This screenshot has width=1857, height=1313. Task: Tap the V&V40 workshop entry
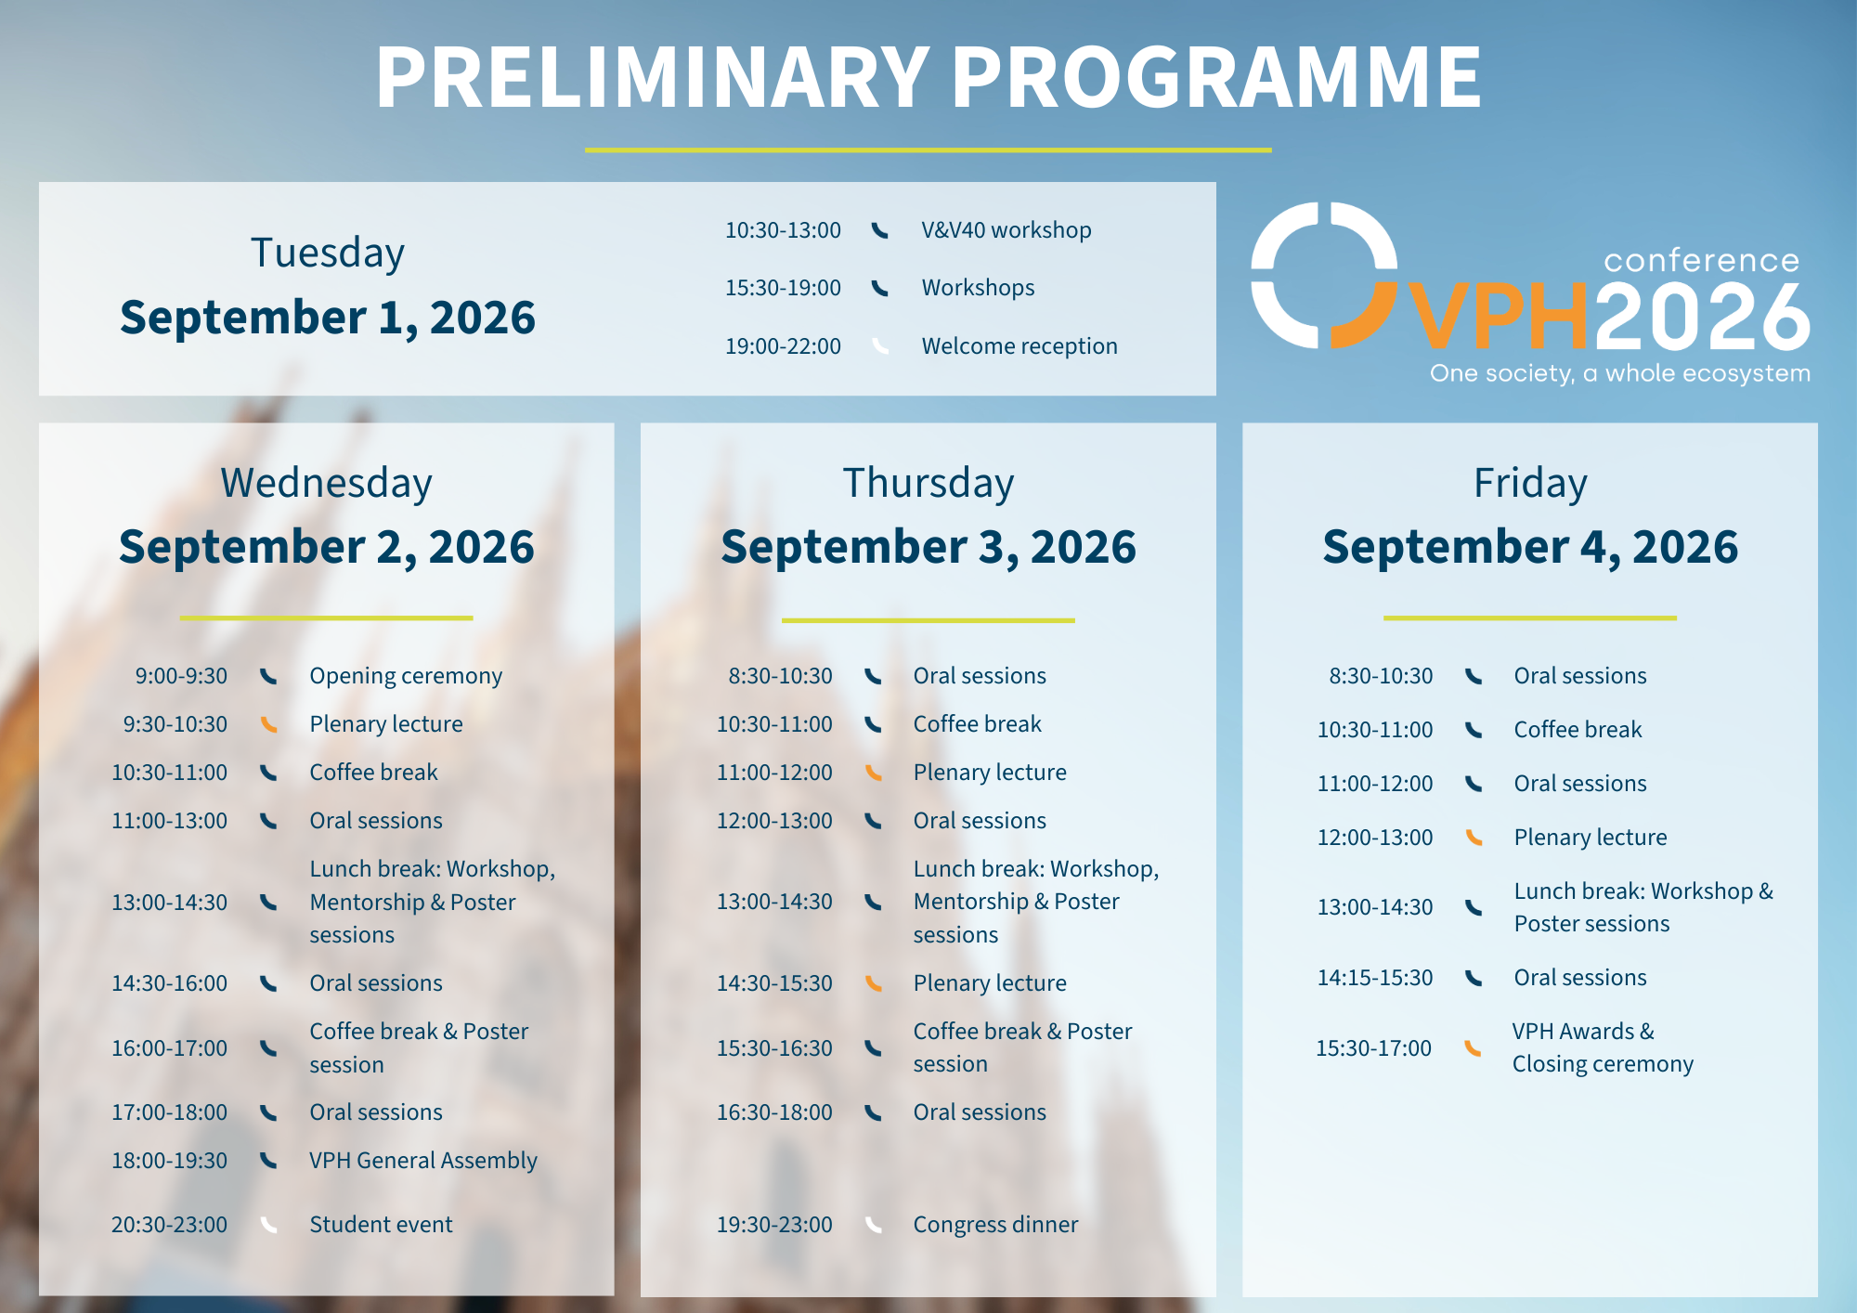(x=1006, y=230)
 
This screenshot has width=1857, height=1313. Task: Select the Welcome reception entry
(x=1019, y=346)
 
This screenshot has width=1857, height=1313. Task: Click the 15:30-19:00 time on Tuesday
(x=783, y=288)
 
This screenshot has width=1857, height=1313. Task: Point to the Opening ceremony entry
(x=406, y=676)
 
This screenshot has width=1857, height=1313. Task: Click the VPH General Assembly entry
(x=423, y=1161)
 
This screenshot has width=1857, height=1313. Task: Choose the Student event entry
(x=381, y=1225)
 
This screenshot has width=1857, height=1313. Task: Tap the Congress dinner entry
(x=995, y=1225)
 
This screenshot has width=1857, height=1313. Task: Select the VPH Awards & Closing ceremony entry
(x=1603, y=1047)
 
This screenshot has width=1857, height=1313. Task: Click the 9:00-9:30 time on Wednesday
(x=181, y=676)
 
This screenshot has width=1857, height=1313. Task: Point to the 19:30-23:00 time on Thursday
(x=774, y=1225)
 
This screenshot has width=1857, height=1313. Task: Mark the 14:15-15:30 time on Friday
(x=1375, y=978)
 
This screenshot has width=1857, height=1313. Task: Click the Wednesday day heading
(x=326, y=484)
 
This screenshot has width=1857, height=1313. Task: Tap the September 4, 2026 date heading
(x=1530, y=546)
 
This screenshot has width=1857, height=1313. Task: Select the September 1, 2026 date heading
(x=327, y=318)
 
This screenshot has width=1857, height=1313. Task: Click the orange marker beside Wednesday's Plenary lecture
(x=268, y=724)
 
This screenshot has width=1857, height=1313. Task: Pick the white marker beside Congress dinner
(x=873, y=1225)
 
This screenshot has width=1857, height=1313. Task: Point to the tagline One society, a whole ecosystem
(x=1620, y=373)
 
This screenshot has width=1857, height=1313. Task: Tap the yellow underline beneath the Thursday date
(x=928, y=620)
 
